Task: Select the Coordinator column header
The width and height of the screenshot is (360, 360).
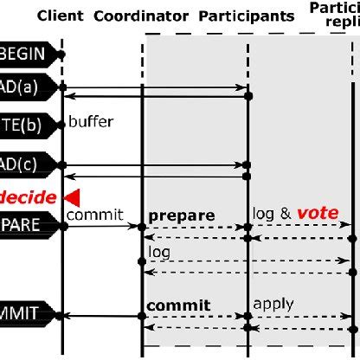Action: pyautogui.click(x=142, y=16)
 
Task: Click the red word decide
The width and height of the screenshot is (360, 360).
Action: pyautogui.click(x=28, y=197)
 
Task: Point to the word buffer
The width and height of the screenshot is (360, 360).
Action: pyautogui.click(x=90, y=122)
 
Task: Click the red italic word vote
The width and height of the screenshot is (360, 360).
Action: pyautogui.click(x=318, y=213)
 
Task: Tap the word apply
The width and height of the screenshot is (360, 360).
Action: pyautogui.click(x=273, y=304)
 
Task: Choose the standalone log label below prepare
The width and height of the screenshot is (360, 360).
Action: pyautogui.click(x=159, y=253)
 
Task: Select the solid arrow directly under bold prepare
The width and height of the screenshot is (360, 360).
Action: pyautogui.click(x=195, y=227)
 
